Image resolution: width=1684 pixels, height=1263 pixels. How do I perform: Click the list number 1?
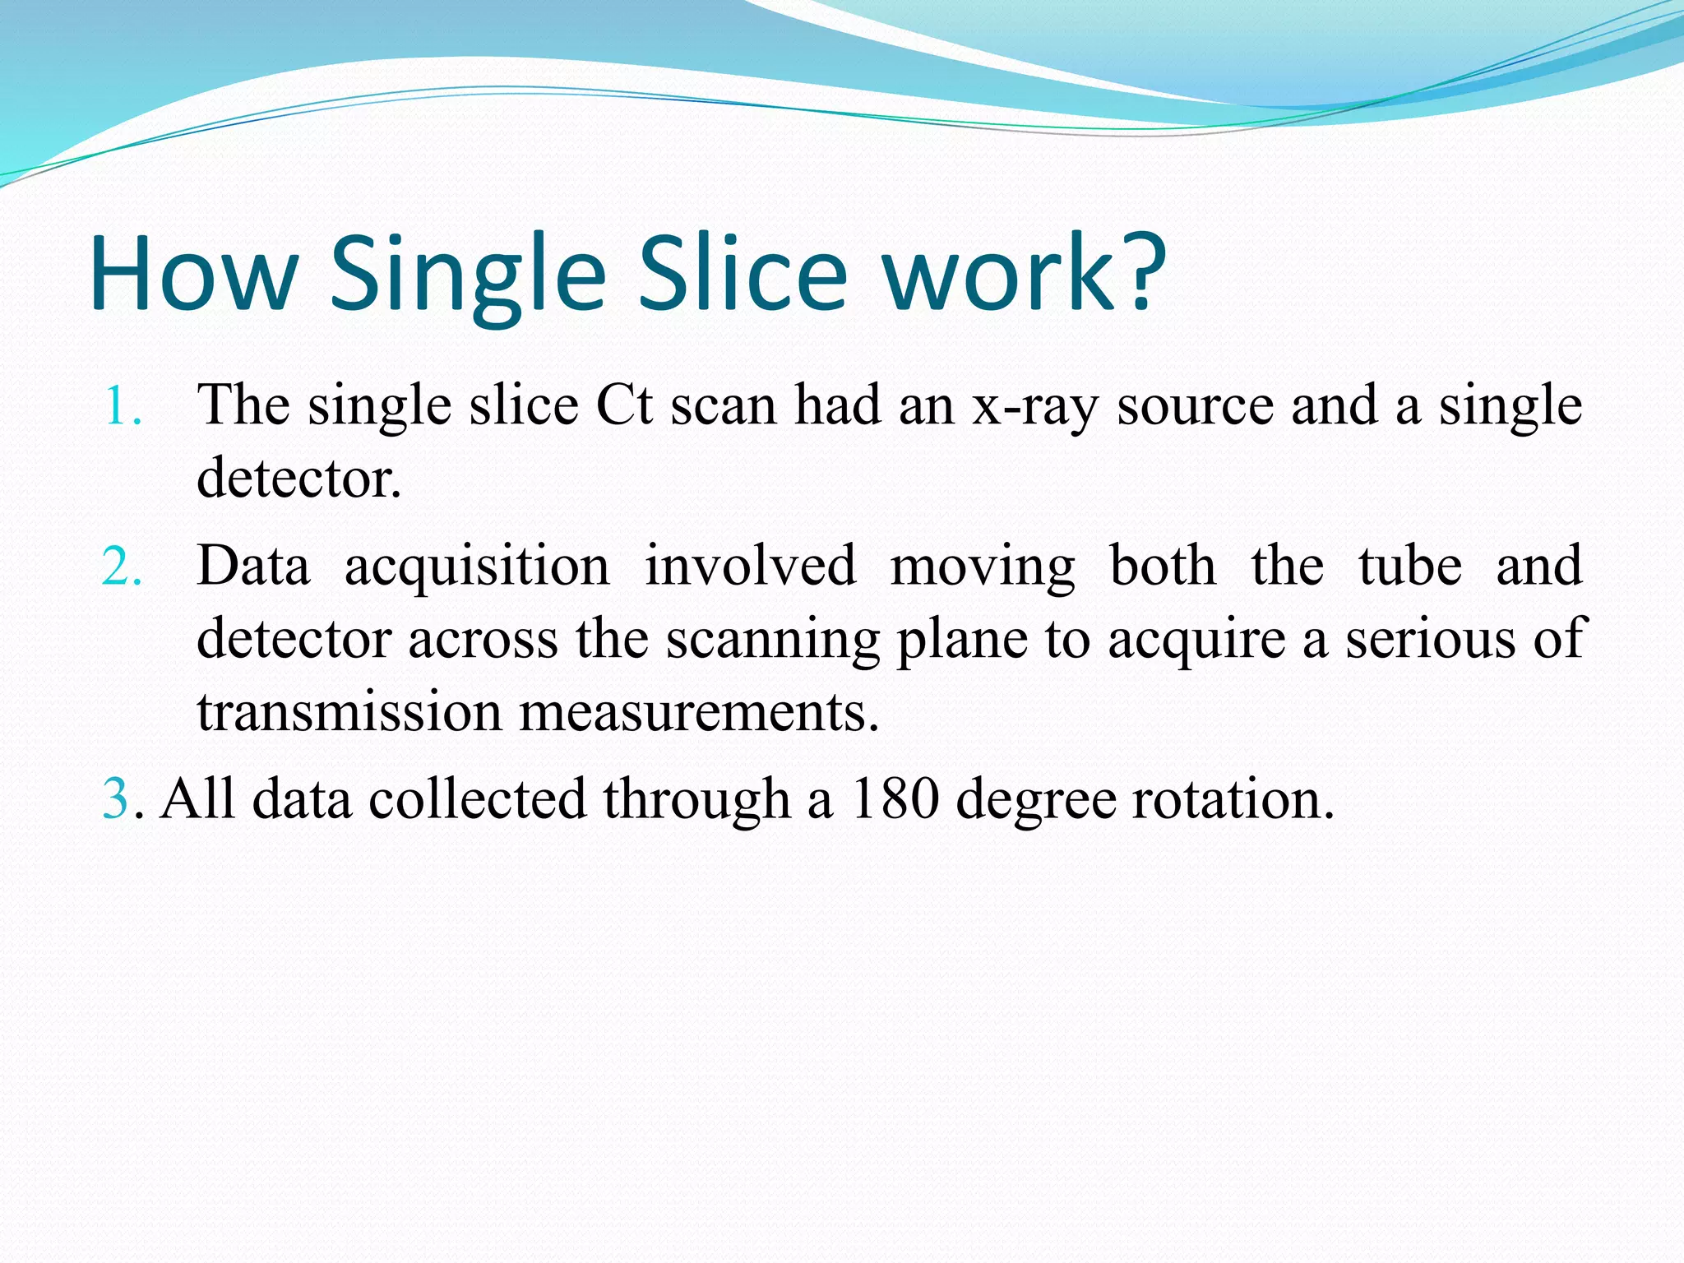click(x=122, y=406)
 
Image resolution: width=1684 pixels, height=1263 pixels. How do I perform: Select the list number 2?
click(x=122, y=567)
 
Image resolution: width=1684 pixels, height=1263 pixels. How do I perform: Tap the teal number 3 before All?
click(x=115, y=799)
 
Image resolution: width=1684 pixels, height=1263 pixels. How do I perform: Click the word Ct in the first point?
click(x=624, y=406)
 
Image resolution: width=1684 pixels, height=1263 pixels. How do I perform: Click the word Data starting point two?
click(x=254, y=567)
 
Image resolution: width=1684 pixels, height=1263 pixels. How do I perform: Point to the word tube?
click(x=1409, y=567)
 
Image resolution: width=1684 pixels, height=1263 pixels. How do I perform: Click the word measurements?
click(x=699, y=712)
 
